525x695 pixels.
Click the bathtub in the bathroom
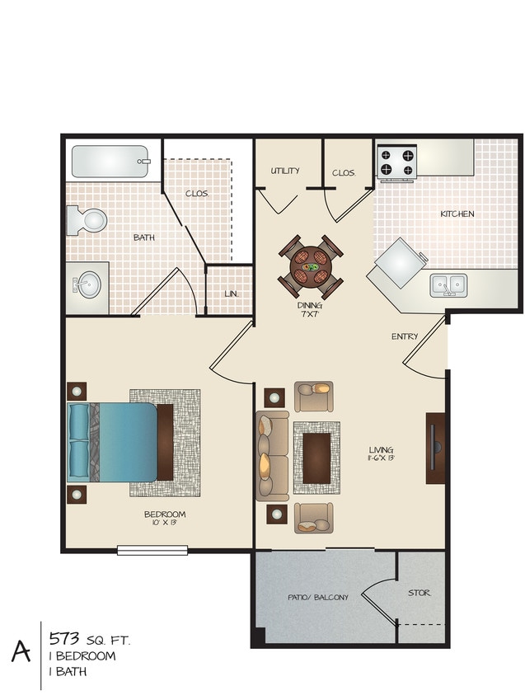(x=110, y=162)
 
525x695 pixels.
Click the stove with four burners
(x=396, y=162)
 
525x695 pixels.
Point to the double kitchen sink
(x=448, y=284)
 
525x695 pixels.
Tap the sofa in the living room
(x=272, y=456)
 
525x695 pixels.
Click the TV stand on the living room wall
(x=435, y=448)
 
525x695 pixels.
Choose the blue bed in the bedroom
(x=115, y=441)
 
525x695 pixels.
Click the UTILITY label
(x=285, y=171)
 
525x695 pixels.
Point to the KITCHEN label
(x=457, y=214)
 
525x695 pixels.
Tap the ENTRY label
(x=405, y=336)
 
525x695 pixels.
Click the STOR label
(x=419, y=593)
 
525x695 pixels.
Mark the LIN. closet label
(x=231, y=293)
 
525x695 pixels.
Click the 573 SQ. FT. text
(x=89, y=639)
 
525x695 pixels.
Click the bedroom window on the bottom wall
(x=152, y=550)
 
